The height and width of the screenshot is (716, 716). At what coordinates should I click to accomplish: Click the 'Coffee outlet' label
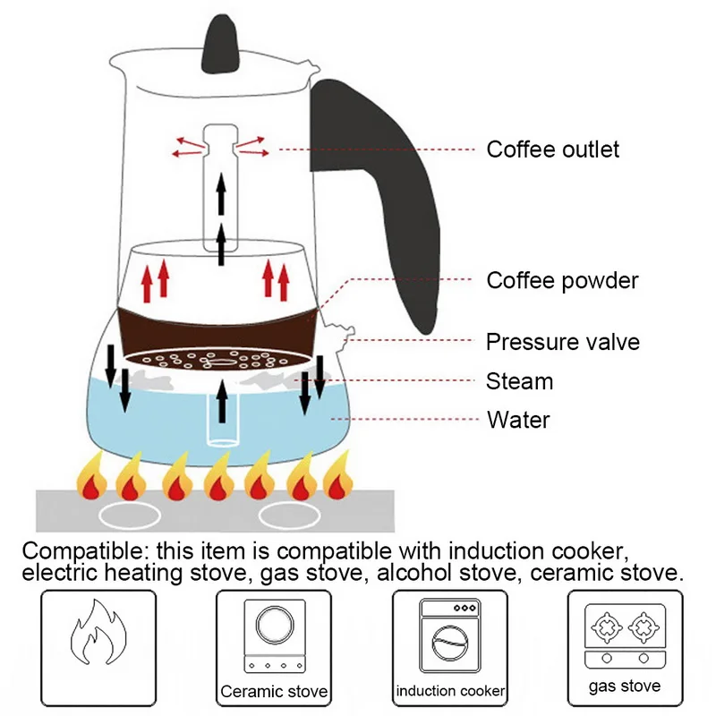[x=552, y=149]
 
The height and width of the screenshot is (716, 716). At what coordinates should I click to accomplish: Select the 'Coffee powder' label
[x=562, y=280]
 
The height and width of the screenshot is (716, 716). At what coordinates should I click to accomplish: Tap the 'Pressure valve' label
[x=562, y=341]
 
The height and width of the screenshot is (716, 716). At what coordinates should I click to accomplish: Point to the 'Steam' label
[x=519, y=381]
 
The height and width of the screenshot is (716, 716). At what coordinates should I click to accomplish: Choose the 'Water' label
[x=518, y=420]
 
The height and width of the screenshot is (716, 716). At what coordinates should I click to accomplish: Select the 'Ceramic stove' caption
[x=274, y=692]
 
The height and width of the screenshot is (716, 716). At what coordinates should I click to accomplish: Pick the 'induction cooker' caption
[x=450, y=691]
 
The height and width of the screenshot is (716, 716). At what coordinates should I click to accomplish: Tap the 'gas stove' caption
[x=625, y=686]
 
